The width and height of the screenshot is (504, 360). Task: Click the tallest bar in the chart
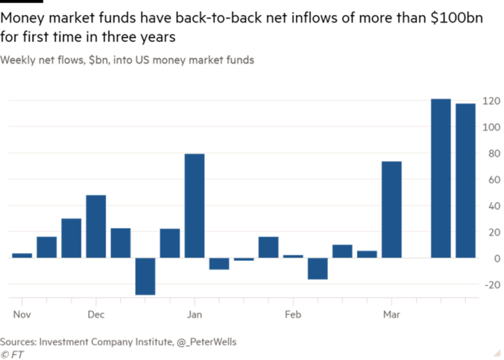[440, 178]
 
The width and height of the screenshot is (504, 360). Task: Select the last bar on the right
[465, 180]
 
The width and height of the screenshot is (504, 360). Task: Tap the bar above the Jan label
[194, 205]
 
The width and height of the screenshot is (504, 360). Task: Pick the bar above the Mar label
[391, 209]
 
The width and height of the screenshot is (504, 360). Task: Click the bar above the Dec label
[96, 226]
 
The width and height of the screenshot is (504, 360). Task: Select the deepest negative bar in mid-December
[145, 276]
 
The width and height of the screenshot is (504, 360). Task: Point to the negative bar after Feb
[318, 269]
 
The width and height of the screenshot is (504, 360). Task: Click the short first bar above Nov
[22, 255]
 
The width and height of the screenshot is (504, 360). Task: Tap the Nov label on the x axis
[22, 315]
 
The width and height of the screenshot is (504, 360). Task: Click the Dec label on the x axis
[96, 315]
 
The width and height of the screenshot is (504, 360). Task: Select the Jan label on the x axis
[194, 315]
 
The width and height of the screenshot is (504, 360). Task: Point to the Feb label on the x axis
[293, 315]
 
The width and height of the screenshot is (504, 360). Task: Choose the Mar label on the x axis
[391, 315]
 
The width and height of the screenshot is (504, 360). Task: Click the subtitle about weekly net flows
[127, 60]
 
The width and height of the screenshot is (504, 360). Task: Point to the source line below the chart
[118, 342]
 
